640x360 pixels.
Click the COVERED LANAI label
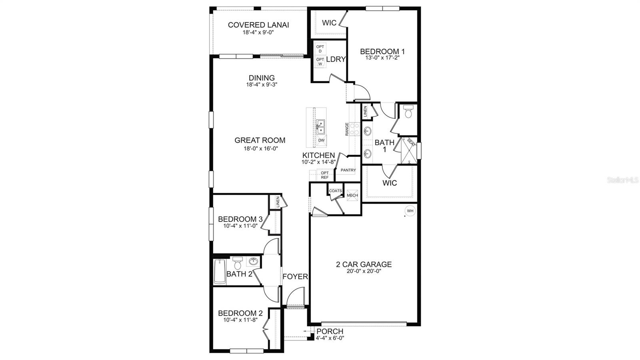point(258,25)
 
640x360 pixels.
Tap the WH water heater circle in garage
point(410,211)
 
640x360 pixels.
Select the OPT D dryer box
point(320,48)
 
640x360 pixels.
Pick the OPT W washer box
point(320,62)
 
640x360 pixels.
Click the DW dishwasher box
point(321,140)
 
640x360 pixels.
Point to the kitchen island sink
point(320,127)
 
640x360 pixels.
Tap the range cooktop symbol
point(354,129)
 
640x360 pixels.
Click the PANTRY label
point(348,170)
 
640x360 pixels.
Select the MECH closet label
point(352,195)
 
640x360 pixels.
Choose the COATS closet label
point(335,191)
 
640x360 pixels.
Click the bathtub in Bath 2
point(220,272)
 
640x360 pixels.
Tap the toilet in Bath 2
point(237,264)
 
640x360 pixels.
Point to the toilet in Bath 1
point(408,112)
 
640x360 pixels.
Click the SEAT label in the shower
point(410,142)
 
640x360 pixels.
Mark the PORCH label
point(330,332)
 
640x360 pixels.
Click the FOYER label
point(295,276)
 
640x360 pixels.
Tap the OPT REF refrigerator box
point(324,175)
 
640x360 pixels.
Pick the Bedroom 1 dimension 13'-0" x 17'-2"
point(382,58)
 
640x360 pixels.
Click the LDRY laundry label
point(336,59)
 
